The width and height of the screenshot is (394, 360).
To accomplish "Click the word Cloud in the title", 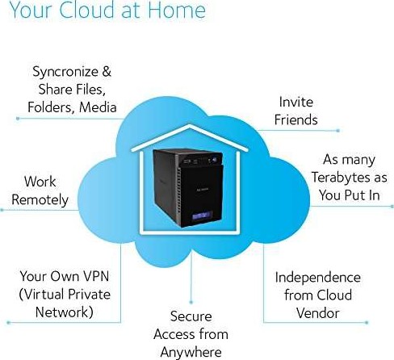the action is coord(87,10).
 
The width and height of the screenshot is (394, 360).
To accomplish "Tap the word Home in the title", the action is coord(177,10).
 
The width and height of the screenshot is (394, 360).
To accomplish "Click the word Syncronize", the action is coord(65,73).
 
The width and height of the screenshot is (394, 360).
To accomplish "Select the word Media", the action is coord(98,107).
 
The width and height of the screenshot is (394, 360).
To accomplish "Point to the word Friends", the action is coord(296,119).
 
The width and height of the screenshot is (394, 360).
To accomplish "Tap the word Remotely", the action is coord(40,200).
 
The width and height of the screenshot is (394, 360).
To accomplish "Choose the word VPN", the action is coord(95,276).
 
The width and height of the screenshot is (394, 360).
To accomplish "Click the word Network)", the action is coord(65,312).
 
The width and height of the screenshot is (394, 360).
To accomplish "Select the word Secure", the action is coord(191,316).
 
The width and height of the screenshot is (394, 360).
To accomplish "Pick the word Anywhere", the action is coord(191,353).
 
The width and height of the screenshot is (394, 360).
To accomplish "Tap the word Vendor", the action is coord(318,313).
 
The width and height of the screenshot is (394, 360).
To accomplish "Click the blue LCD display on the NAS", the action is coord(202,216).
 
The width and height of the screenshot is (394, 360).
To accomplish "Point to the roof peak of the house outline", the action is coord(190,125).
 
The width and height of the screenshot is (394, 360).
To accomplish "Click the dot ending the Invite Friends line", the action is coord(338,131).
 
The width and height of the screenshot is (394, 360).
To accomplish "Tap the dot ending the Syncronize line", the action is coord(18,119).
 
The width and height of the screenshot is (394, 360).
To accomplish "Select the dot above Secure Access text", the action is coord(191,302).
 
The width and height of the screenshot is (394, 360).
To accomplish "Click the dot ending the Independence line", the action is coord(367,322).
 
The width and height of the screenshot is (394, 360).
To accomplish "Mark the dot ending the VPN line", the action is coord(8,322).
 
